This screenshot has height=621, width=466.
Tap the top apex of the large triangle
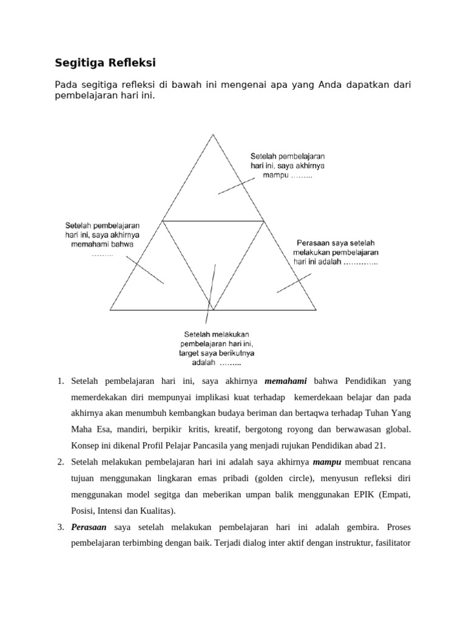click(212, 135)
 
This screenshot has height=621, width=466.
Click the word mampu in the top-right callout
click(275, 175)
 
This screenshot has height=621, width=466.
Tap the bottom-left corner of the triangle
click(110, 309)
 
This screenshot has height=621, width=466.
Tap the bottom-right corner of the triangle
click(316, 309)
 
